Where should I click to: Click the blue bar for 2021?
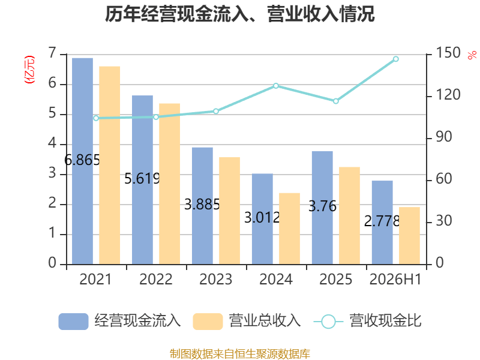click(82, 161)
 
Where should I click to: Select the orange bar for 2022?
click(170, 184)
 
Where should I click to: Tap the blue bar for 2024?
click(262, 219)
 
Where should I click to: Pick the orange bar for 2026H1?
click(409, 236)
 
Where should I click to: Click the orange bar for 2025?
click(349, 215)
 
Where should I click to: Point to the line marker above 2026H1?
click(396, 59)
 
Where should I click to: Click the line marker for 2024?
click(276, 86)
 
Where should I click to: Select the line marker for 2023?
click(216, 111)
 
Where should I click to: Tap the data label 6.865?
click(82, 160)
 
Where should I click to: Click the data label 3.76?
click(322, 206)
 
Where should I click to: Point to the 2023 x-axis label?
click(216, 279)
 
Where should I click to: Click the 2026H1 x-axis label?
click(395, 279)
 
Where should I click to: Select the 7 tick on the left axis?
click(52, 53)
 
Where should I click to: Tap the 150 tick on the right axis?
click(448, 53)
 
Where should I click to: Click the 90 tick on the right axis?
click(444, 137)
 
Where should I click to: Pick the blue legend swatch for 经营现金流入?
click(73, 322)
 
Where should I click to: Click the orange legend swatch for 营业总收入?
click(208, 322)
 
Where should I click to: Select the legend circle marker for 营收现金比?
click(328, 322)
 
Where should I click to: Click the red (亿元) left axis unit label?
click(29, 70)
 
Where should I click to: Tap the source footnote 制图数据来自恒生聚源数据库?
click(240, 354)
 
